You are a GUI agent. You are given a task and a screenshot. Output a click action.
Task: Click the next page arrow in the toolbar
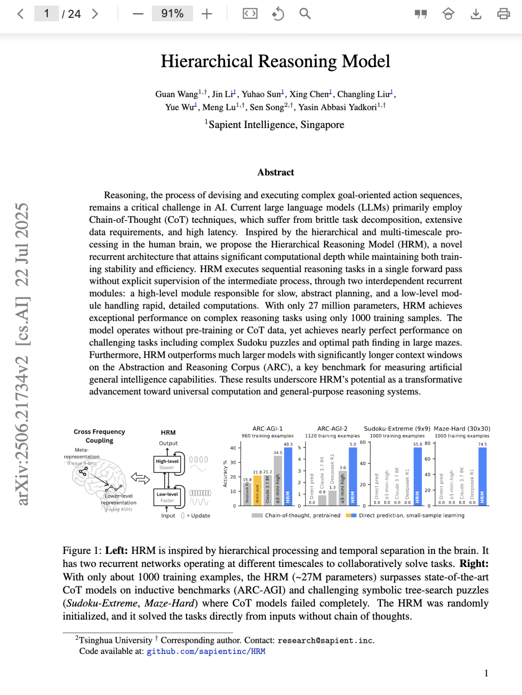(95, 14)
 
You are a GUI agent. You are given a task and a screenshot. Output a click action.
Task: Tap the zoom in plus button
(207, 14)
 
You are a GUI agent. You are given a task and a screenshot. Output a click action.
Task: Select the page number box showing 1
(46, 14)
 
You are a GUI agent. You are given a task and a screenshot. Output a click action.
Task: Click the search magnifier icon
(305, 14)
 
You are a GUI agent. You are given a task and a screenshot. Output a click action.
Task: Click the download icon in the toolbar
(476, 14)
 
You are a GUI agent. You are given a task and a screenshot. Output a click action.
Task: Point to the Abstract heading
(275, 173)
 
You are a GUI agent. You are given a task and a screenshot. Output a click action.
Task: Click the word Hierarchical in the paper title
(207, 61)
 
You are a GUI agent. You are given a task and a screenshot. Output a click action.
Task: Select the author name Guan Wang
(176, 94)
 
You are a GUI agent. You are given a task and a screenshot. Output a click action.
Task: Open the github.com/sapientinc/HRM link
(206, 652)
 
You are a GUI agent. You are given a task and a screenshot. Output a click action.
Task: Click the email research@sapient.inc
(325, 640)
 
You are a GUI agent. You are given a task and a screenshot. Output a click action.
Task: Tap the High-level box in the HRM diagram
(167, 464)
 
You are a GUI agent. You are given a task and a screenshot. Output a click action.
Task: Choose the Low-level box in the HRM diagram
(167, 497)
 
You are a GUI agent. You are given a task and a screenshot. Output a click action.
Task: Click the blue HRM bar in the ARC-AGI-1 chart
(288, 476)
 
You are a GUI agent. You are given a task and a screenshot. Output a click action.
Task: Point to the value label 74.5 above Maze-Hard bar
(482, 444)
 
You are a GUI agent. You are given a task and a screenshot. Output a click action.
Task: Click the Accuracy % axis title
(225, 474)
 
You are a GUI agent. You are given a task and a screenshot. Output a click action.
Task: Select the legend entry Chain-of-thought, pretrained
(302, 516)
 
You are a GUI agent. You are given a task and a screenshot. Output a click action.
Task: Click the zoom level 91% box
(173, 14)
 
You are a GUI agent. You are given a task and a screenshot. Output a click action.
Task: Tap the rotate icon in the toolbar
(278, 14)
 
